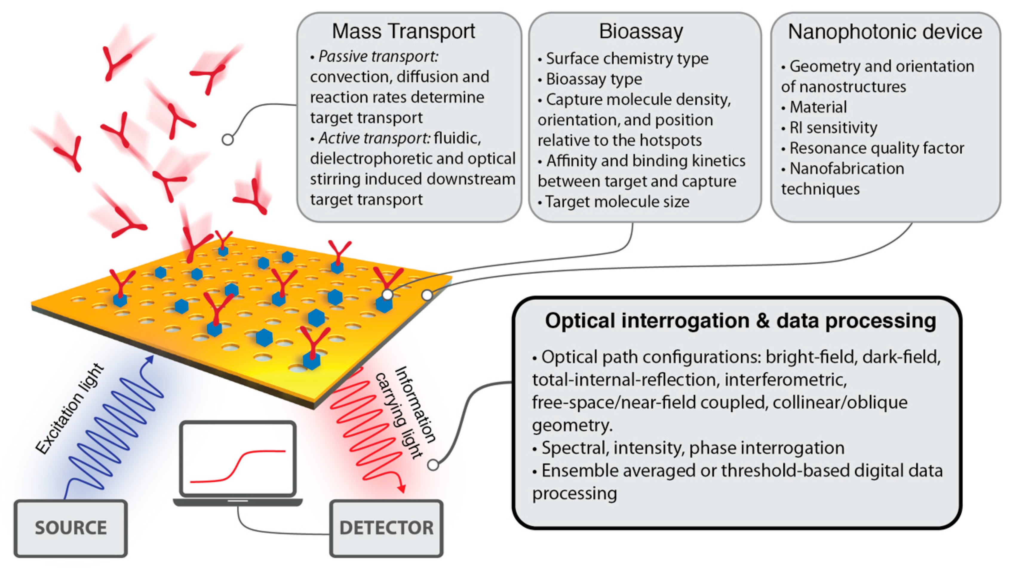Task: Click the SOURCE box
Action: tap(70, 528)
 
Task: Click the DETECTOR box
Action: tap(386, 528)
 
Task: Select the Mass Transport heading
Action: tap(403, 31)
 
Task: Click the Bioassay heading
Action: tap(641, 31)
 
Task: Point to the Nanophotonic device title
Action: tap(885, 32)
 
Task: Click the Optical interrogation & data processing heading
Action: tap(740, 321)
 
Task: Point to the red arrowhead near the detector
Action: tap(401, 488)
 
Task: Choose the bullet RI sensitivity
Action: tap(833, 128)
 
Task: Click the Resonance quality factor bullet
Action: tap(876, 148)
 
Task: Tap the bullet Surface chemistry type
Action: tap(627, 59)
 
